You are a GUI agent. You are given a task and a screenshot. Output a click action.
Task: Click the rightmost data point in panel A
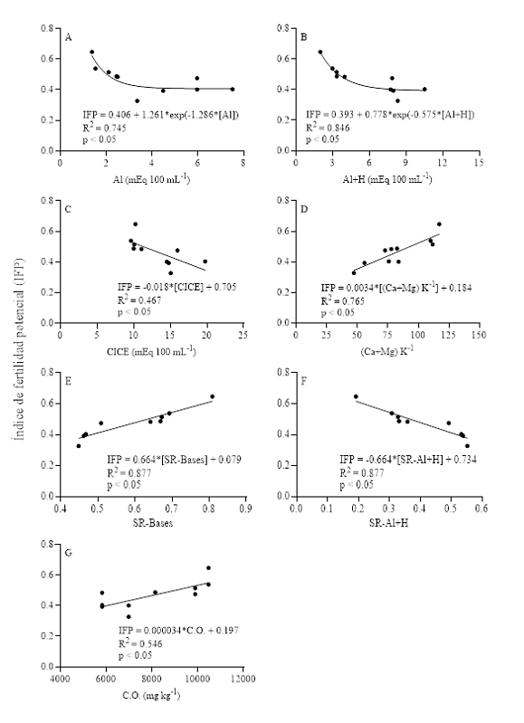[x=233, y=89]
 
